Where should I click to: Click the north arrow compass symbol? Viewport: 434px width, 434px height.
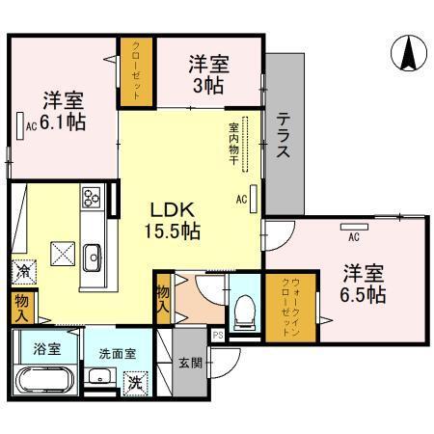tap(407, 54)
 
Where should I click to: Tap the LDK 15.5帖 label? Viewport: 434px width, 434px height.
tap(174, 220)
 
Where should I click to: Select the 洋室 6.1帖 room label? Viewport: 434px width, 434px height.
tap(62, 111)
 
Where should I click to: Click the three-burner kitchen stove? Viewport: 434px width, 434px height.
tap(93, 198)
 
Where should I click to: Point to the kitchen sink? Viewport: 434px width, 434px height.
tap(93, 256)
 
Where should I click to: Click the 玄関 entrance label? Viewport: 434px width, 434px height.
tap(190, 364)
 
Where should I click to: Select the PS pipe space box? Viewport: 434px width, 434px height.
tap(218, 336)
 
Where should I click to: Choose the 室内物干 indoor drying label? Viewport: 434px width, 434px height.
tap(233, 140)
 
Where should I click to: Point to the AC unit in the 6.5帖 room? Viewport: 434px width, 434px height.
tap(354, 230)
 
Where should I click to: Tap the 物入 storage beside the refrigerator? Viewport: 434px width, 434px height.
tap(22, 307)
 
